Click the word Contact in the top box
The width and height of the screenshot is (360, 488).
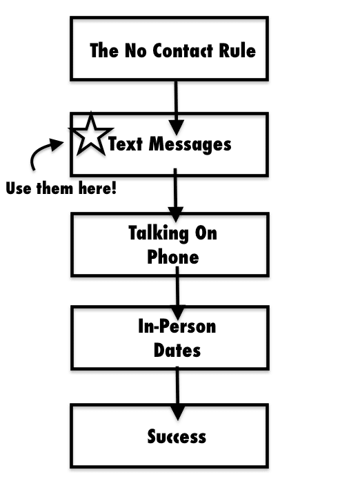click(x=183, y=50)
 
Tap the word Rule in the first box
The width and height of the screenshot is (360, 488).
click(x=237, y=50)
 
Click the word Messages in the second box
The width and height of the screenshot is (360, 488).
click(x=190, y=144)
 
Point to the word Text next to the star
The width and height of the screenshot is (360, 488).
click(x=126, y=144)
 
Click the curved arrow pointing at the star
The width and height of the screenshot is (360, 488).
click(x=43, y=151)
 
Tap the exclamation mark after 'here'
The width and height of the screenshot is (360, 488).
click(x=114, y=188)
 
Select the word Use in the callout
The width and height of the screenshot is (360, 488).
click(x=19, y=188)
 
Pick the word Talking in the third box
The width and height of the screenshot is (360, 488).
click(x=158, y=233)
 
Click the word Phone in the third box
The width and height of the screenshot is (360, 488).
click(x=173, y=257)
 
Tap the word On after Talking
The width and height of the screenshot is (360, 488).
click(x=206, y=233)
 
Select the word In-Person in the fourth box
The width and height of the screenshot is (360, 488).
click(x=177, y=326)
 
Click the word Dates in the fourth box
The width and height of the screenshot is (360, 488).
click(x=177, y=351)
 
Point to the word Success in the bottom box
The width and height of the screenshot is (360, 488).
click(x=177, y=436)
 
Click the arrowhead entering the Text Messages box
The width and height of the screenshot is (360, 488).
click(x=177, y=127)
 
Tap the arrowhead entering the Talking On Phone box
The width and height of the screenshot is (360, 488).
click(x=176, y=215)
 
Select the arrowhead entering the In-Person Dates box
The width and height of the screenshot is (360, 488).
click(x=178, y=312)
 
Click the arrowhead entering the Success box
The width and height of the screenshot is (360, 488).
click(x=178, y=412)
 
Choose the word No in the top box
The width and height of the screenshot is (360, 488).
click(x=136, y=50)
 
